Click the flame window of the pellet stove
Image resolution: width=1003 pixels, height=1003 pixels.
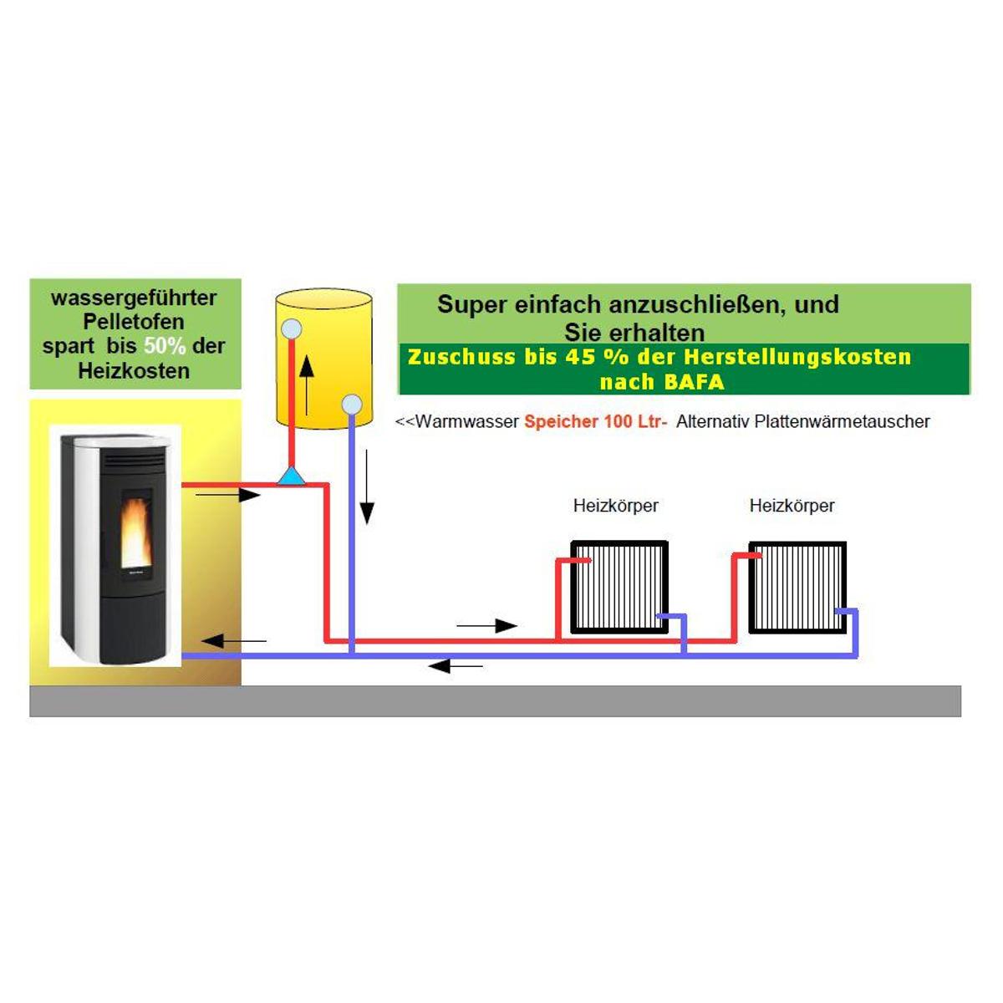click(138, 527)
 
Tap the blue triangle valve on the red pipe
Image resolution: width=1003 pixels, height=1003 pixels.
click(291, 476)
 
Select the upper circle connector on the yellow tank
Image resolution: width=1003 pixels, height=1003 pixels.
click(291, 329)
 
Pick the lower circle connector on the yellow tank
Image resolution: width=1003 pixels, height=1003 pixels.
click(352, 404)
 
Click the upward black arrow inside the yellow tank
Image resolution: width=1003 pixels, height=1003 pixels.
click(307, 385)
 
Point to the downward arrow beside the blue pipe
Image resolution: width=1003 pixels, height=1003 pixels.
click(367, 487)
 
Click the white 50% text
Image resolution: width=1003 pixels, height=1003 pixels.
click(165, 345)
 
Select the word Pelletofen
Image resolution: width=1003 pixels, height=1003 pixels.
click(134, 322)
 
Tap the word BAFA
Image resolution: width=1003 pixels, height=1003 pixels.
click(694, 382)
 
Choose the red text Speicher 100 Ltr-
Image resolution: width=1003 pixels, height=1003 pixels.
click(596, 421)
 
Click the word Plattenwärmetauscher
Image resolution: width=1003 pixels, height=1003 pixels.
click(843, 421)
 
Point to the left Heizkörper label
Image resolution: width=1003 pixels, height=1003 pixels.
click(616, 506)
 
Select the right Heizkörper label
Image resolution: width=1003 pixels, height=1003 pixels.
click(792, 506)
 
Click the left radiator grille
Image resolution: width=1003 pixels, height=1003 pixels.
click(619, 587)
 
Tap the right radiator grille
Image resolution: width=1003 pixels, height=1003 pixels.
click(797, 587)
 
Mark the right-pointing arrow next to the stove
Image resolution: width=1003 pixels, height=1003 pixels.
click(227, 495)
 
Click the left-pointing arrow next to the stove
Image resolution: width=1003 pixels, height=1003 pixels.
click(234, 641)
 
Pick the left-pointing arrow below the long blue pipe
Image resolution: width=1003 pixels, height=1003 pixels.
click(456, 665)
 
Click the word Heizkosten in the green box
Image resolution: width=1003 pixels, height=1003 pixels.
click(134, 371)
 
